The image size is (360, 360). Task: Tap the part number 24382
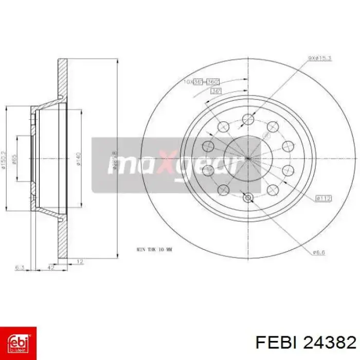331,342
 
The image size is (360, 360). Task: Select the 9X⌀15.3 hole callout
320,58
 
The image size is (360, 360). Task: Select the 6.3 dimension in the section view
20,267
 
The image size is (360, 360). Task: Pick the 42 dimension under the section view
51,267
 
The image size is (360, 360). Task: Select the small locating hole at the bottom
247,197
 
